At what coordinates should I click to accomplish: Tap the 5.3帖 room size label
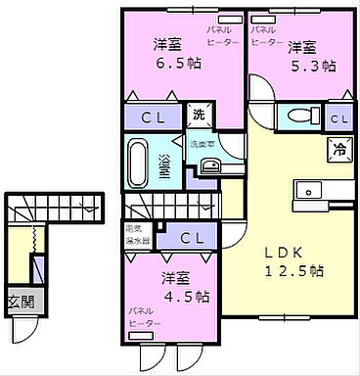coord(312,67)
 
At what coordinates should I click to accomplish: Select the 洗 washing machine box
coord(199,113)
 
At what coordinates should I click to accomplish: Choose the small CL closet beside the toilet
coord(337,118)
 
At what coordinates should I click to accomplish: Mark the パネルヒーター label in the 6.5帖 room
coord(218,36)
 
